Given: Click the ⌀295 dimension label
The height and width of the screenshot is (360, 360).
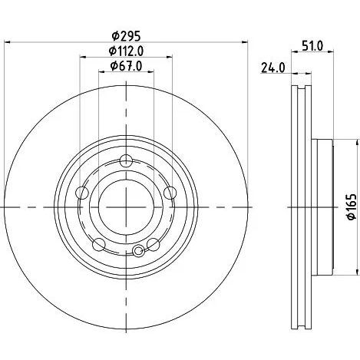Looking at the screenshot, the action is click(126, 36).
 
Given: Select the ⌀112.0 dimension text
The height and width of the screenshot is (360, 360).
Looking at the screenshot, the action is click(126, 51).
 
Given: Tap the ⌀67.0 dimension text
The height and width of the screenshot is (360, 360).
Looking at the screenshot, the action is click(126, 66).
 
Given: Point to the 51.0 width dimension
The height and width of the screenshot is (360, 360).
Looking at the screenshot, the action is click(312, 46).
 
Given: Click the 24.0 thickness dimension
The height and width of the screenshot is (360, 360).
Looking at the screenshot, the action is click(272, 68).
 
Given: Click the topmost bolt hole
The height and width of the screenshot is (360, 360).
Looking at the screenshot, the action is click(126, 161).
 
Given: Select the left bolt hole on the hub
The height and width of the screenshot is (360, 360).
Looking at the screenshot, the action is click(83, 193).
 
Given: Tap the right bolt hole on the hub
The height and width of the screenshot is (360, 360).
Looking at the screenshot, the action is click(170, 193).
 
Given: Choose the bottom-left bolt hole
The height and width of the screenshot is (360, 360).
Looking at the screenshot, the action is click(99, 245).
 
